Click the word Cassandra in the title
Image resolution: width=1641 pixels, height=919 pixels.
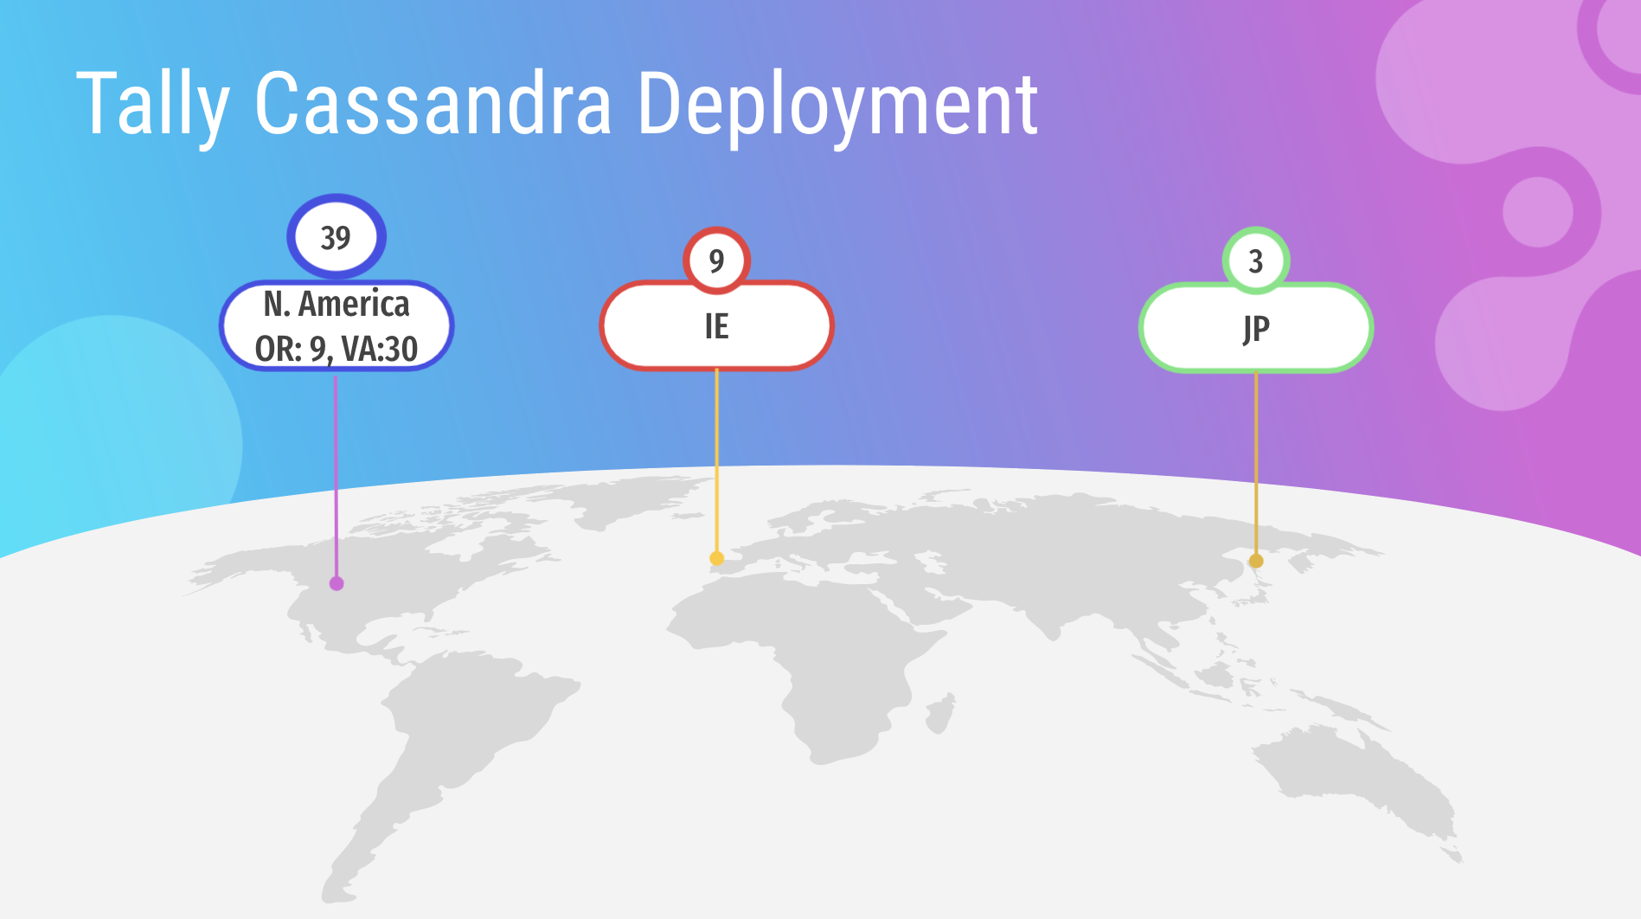(433, 104)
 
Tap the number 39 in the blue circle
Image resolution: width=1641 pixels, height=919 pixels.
(336, 237)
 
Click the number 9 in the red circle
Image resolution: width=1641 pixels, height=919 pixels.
(716, 260)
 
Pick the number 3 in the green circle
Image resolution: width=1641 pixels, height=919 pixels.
(1256, 260)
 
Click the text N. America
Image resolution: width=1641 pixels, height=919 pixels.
(337, 304)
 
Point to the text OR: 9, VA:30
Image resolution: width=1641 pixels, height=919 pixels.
(337, 349)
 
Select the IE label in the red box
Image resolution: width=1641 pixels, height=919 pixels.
(716, 326)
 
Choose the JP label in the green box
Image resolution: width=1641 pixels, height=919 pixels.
(1256, 329)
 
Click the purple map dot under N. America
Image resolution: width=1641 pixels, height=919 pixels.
(337, 583)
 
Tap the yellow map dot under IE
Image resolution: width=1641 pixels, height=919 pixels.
(716, 558)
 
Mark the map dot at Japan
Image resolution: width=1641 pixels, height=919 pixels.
(1256, 561)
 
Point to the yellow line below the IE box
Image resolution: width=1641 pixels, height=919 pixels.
(716, 460)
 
